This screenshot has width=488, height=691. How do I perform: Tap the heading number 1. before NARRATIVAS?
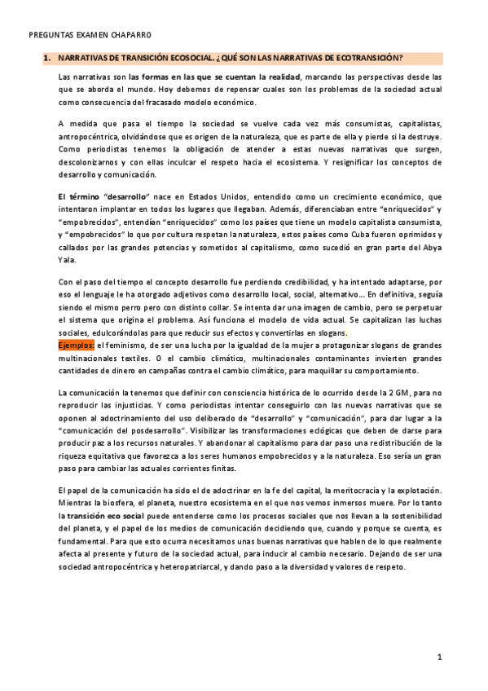point(46,58)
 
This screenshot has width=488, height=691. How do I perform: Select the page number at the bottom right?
point(439,656)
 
